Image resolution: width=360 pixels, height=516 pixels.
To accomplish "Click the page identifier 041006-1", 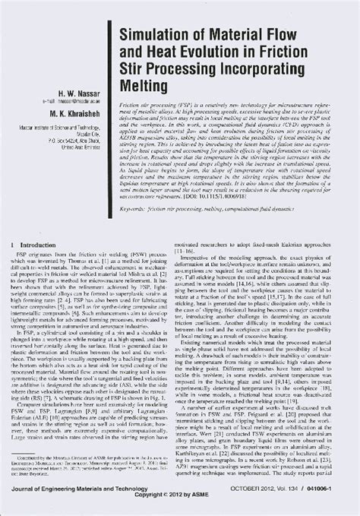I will pyautogui.click(x=335, y=497).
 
